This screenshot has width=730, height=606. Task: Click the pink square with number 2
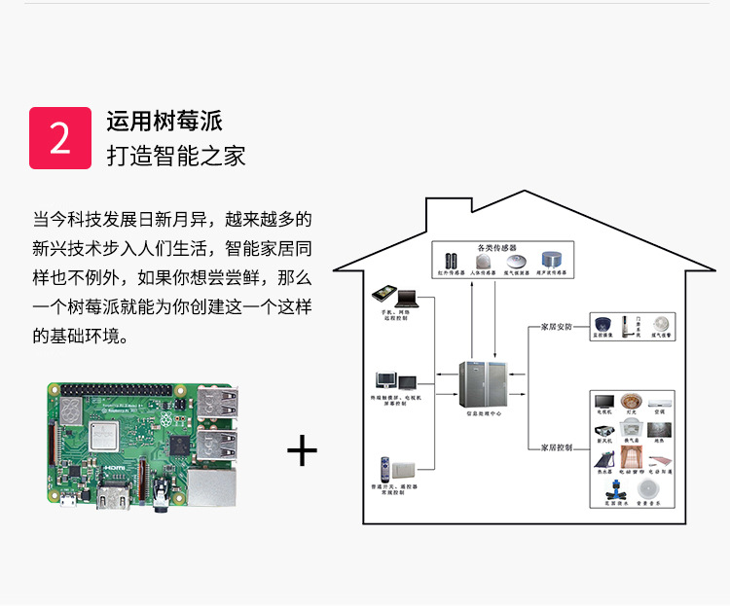coord(60,138)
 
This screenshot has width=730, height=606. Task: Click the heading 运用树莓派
coord(164,122)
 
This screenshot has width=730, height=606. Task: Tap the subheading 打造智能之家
coord(176,156)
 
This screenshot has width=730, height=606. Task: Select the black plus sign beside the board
coord(303,451)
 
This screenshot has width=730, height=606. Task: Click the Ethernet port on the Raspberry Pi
coord(213,487)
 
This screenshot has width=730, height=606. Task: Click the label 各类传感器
coord(495,247)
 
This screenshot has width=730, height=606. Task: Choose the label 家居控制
coord(557,447)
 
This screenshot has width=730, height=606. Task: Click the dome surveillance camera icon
coord(603,325)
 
